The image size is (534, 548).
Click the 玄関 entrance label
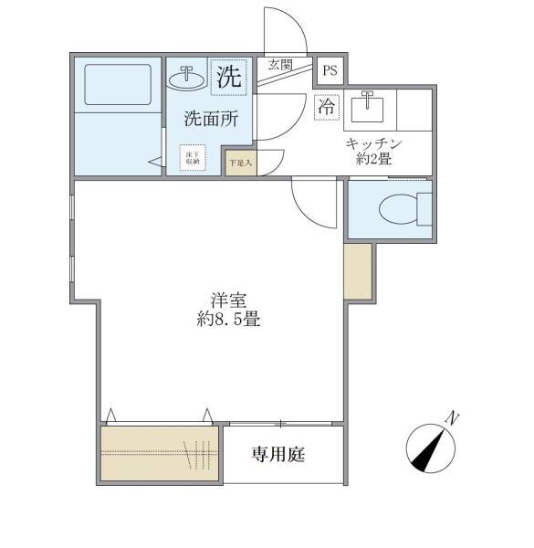click(279, 65)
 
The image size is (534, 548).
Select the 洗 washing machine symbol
click(228, 78)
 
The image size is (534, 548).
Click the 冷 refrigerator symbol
click(327, 107)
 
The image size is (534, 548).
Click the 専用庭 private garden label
click(278, 454)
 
